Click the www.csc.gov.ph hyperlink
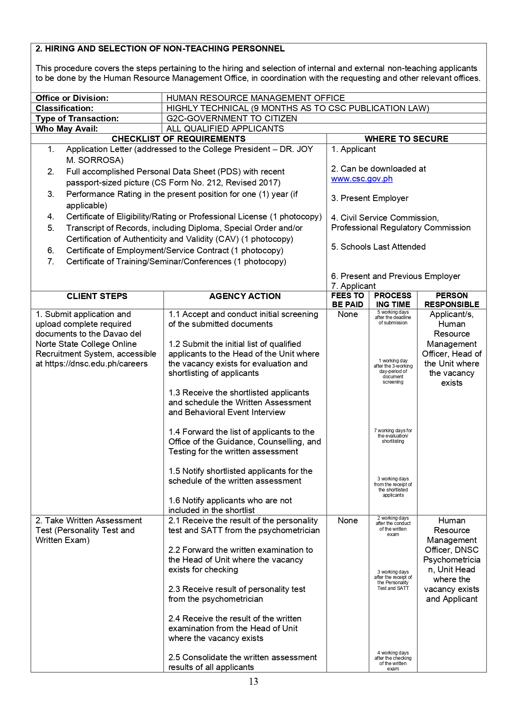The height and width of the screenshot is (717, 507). (x=361, y=179)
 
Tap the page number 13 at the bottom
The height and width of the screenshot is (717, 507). (x=253, y=681)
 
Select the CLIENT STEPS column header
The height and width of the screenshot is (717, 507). (x=97, y=296)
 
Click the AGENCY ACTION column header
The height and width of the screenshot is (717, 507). (x=245, y=296)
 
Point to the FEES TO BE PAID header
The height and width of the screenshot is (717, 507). (x=348, y=300)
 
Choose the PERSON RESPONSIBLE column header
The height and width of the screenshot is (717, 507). (x=451, y=300)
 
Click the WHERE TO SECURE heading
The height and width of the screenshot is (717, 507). (x=406, y=139)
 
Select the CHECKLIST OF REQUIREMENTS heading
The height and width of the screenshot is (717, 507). (x=179, y=139)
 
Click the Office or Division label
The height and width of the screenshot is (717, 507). (x=72, y=98)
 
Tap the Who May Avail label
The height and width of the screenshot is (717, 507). (x=67, y=129)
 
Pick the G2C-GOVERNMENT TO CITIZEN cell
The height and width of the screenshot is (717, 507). (x=231, y=118)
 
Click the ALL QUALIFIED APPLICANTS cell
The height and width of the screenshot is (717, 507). (x=225, y=129)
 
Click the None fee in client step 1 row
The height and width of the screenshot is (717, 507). (x=348, y=314)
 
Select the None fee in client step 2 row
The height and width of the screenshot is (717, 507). (x=348, y=520)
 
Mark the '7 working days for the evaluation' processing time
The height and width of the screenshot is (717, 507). (x=393, y=436)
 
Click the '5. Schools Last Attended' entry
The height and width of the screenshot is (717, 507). (x=378, y=247)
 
